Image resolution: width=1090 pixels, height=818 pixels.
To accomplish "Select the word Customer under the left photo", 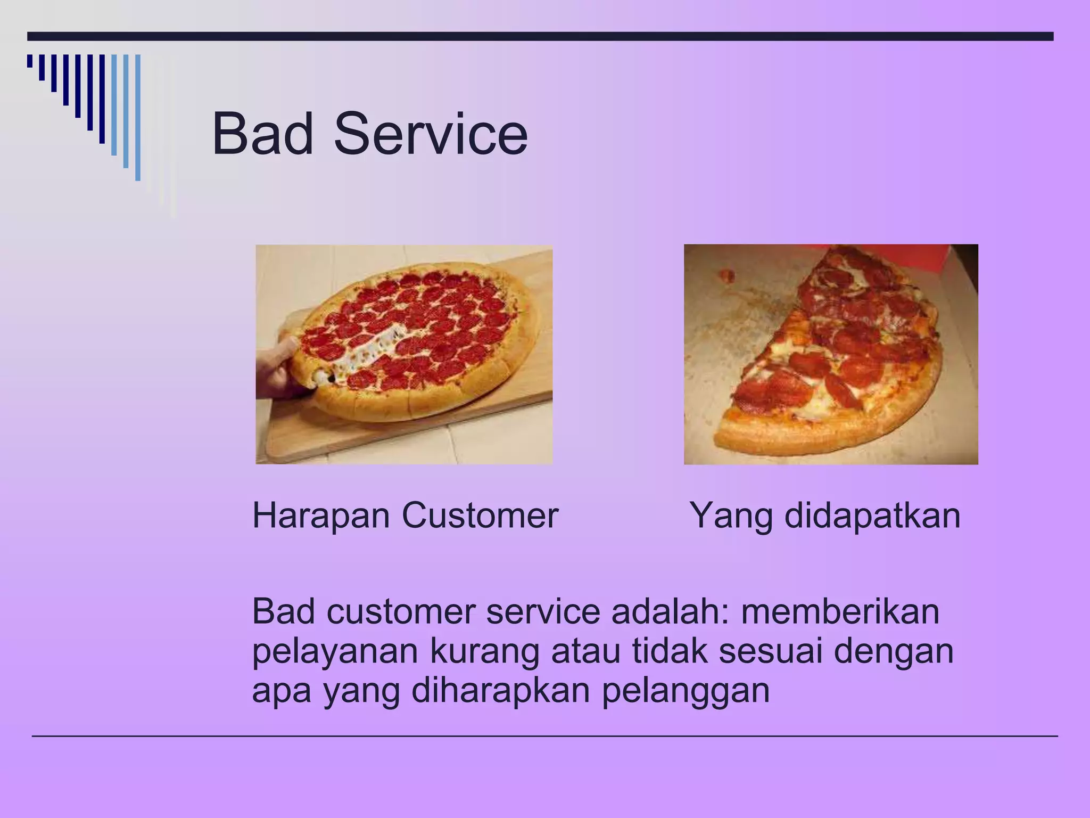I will coord(480,516).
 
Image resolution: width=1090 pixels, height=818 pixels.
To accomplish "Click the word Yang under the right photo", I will coord(731,517).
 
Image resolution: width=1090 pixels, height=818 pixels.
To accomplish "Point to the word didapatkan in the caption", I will coord(872,516).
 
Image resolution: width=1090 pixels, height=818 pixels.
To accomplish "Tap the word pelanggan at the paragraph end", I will coord(686,692).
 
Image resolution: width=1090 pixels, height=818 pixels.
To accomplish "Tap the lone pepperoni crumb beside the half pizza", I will coord(726,276).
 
